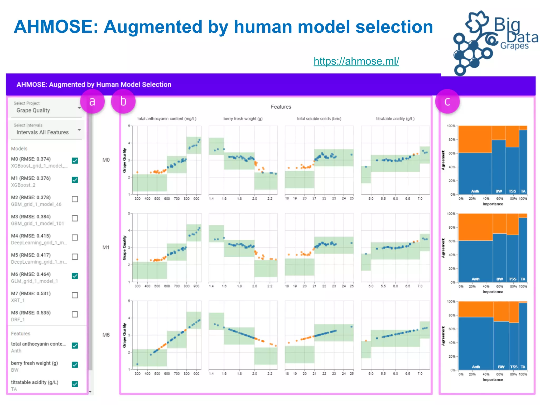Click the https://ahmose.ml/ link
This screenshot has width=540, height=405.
pos(356,61)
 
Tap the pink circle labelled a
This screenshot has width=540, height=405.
pos(92,102)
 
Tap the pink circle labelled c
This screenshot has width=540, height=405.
pos(447,102)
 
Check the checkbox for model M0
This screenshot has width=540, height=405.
pos(75,161)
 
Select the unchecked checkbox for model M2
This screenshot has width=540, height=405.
pos(75,199)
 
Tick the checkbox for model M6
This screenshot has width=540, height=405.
pos(75,276)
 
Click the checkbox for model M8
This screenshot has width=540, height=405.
pos(75,314)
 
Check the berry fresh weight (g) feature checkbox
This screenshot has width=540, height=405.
pos(75,365)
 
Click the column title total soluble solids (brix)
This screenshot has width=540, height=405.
pos(319,119)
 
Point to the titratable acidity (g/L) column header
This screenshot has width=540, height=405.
pos(395,119)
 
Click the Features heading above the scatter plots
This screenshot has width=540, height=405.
pos(281,107)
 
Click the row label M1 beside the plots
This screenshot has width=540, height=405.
pos(106,247)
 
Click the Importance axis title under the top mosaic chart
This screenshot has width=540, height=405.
pos(493,204)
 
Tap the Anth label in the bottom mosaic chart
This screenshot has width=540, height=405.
pos(476,367)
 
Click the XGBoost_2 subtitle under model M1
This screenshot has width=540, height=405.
pos(23,185)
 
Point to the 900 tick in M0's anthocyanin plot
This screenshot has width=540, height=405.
pos(196,199)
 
